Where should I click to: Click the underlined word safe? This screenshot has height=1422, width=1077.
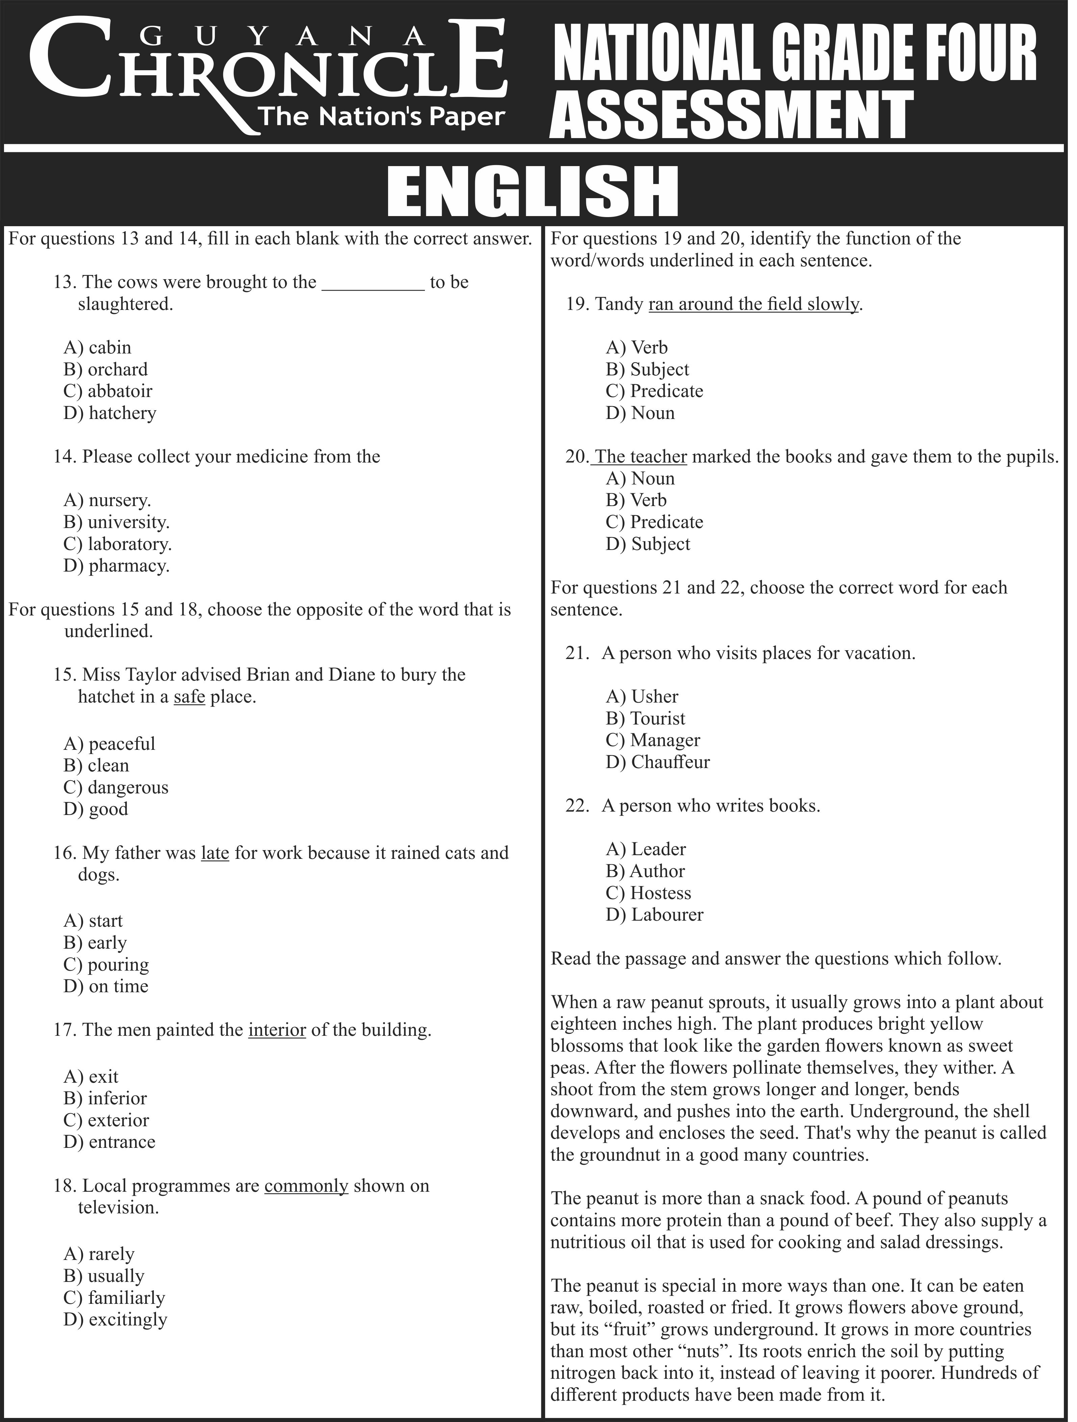click(x=190, y=702)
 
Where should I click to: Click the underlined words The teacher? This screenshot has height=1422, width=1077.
click(x=645, y=460)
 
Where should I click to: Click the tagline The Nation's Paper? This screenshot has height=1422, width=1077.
click(x=385, y=117)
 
